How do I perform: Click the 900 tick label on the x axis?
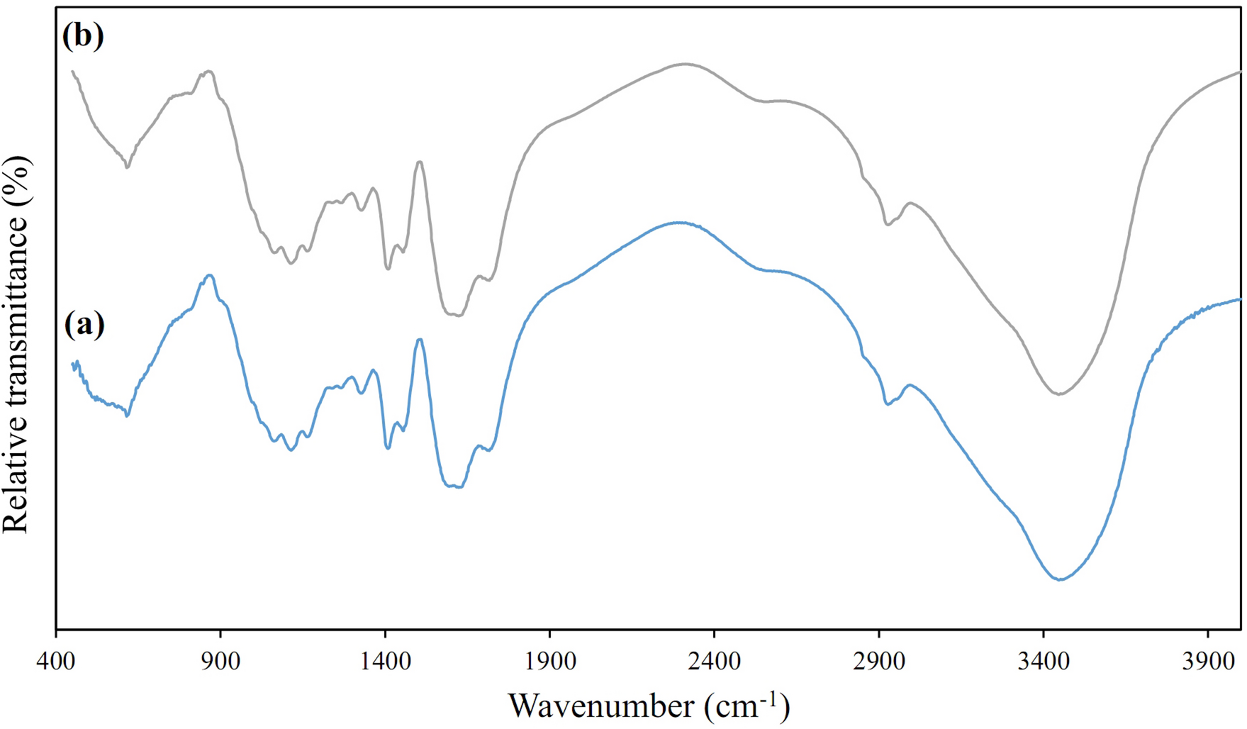click(220, 662)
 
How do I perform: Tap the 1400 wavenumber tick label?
click(385, 662)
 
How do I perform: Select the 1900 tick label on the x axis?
click(549, 662)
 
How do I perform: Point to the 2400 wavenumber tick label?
click(714, 662)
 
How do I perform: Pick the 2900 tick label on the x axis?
click(878, 662)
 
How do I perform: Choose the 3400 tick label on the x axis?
click(1043, 662)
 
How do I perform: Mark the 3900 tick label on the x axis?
click(1207, 662)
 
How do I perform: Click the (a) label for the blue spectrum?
click(84, 324)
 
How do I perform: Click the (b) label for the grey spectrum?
click(83, 35)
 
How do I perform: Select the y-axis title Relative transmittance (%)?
click(17, 344)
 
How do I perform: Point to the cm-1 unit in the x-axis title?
click(747, 706)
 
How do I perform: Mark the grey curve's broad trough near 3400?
click(1058, 394)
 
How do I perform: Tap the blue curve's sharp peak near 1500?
click(420, 340)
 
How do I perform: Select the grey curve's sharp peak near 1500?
click(420, 162)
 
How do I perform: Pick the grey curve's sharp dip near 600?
click(127, 167)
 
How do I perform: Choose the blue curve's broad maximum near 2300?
click(679, 222)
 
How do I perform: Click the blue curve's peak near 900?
click(209, 275)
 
